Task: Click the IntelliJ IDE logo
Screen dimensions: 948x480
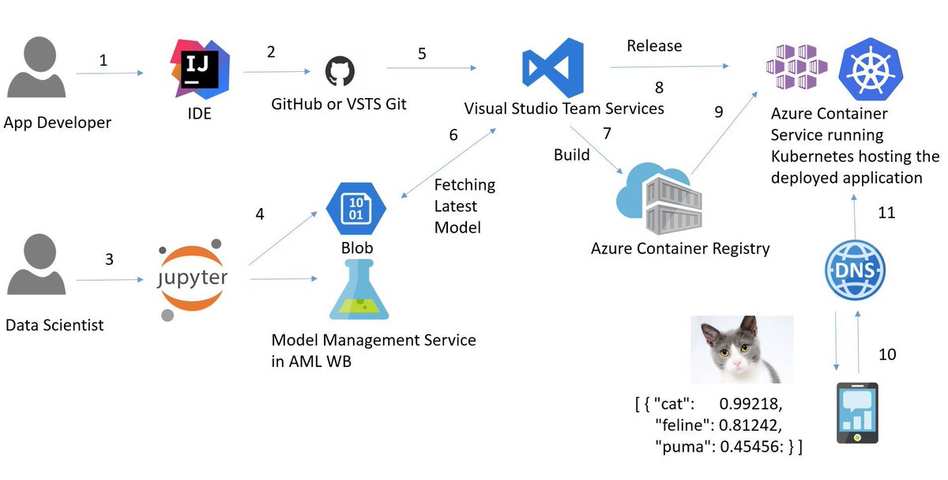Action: (x=200, y=69)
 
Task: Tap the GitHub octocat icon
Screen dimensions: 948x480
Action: (x=340, y=70)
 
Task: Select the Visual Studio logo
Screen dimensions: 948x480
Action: (x=553, y=68)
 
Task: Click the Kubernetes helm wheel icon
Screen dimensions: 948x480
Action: (x=871, y=70)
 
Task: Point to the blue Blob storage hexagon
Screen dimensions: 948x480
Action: (x=356, y=209)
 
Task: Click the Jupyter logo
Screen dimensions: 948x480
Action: (x=192, y=279)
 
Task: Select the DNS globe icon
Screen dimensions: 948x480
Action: (x=855, y=270)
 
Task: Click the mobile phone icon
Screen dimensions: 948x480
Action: (x=857, y=413)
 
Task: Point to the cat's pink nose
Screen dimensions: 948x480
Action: (x=737, y=365)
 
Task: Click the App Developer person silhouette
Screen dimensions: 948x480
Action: (x=37, y=67)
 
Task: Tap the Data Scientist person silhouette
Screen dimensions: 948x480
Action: (x=37, y=264)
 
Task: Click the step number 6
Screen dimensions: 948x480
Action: (x=453, y=135)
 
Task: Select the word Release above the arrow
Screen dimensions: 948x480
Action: (x=654, y=46)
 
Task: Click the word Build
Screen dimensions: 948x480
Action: (x=572, y=155)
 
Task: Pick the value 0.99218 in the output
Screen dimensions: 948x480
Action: (x=750, y=404)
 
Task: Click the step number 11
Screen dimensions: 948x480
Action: (x=886, y=213)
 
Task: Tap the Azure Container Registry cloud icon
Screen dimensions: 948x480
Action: (x=659, y=198)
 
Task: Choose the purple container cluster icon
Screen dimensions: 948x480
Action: (x=797, y=66)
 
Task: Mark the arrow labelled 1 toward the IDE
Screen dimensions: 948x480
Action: (x=110, y=74)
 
